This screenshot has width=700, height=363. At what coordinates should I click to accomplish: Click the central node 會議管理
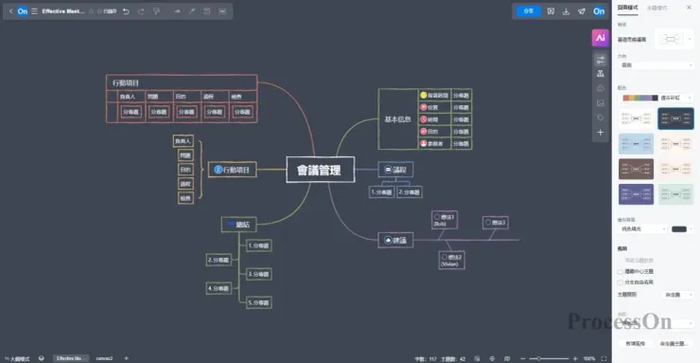320,170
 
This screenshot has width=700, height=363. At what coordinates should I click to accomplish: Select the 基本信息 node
397,119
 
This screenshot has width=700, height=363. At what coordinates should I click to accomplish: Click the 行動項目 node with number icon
233,170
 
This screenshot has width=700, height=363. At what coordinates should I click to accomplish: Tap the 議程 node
392,169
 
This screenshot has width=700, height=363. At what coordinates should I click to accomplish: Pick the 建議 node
395,241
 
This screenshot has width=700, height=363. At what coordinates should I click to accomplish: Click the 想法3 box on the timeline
496,223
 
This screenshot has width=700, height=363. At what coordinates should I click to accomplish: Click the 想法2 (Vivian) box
450,261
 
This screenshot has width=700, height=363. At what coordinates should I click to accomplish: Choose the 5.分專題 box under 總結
258,302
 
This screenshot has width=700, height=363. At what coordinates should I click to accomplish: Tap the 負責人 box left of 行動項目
184,141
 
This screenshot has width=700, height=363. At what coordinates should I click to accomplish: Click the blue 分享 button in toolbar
528,11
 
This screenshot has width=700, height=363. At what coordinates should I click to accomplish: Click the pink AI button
599,38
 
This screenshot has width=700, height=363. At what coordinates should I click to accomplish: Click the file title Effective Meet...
68,11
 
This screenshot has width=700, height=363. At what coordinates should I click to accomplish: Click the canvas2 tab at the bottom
103,358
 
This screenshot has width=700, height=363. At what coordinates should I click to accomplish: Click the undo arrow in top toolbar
127,11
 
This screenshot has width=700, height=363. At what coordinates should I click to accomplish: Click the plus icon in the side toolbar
599,133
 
